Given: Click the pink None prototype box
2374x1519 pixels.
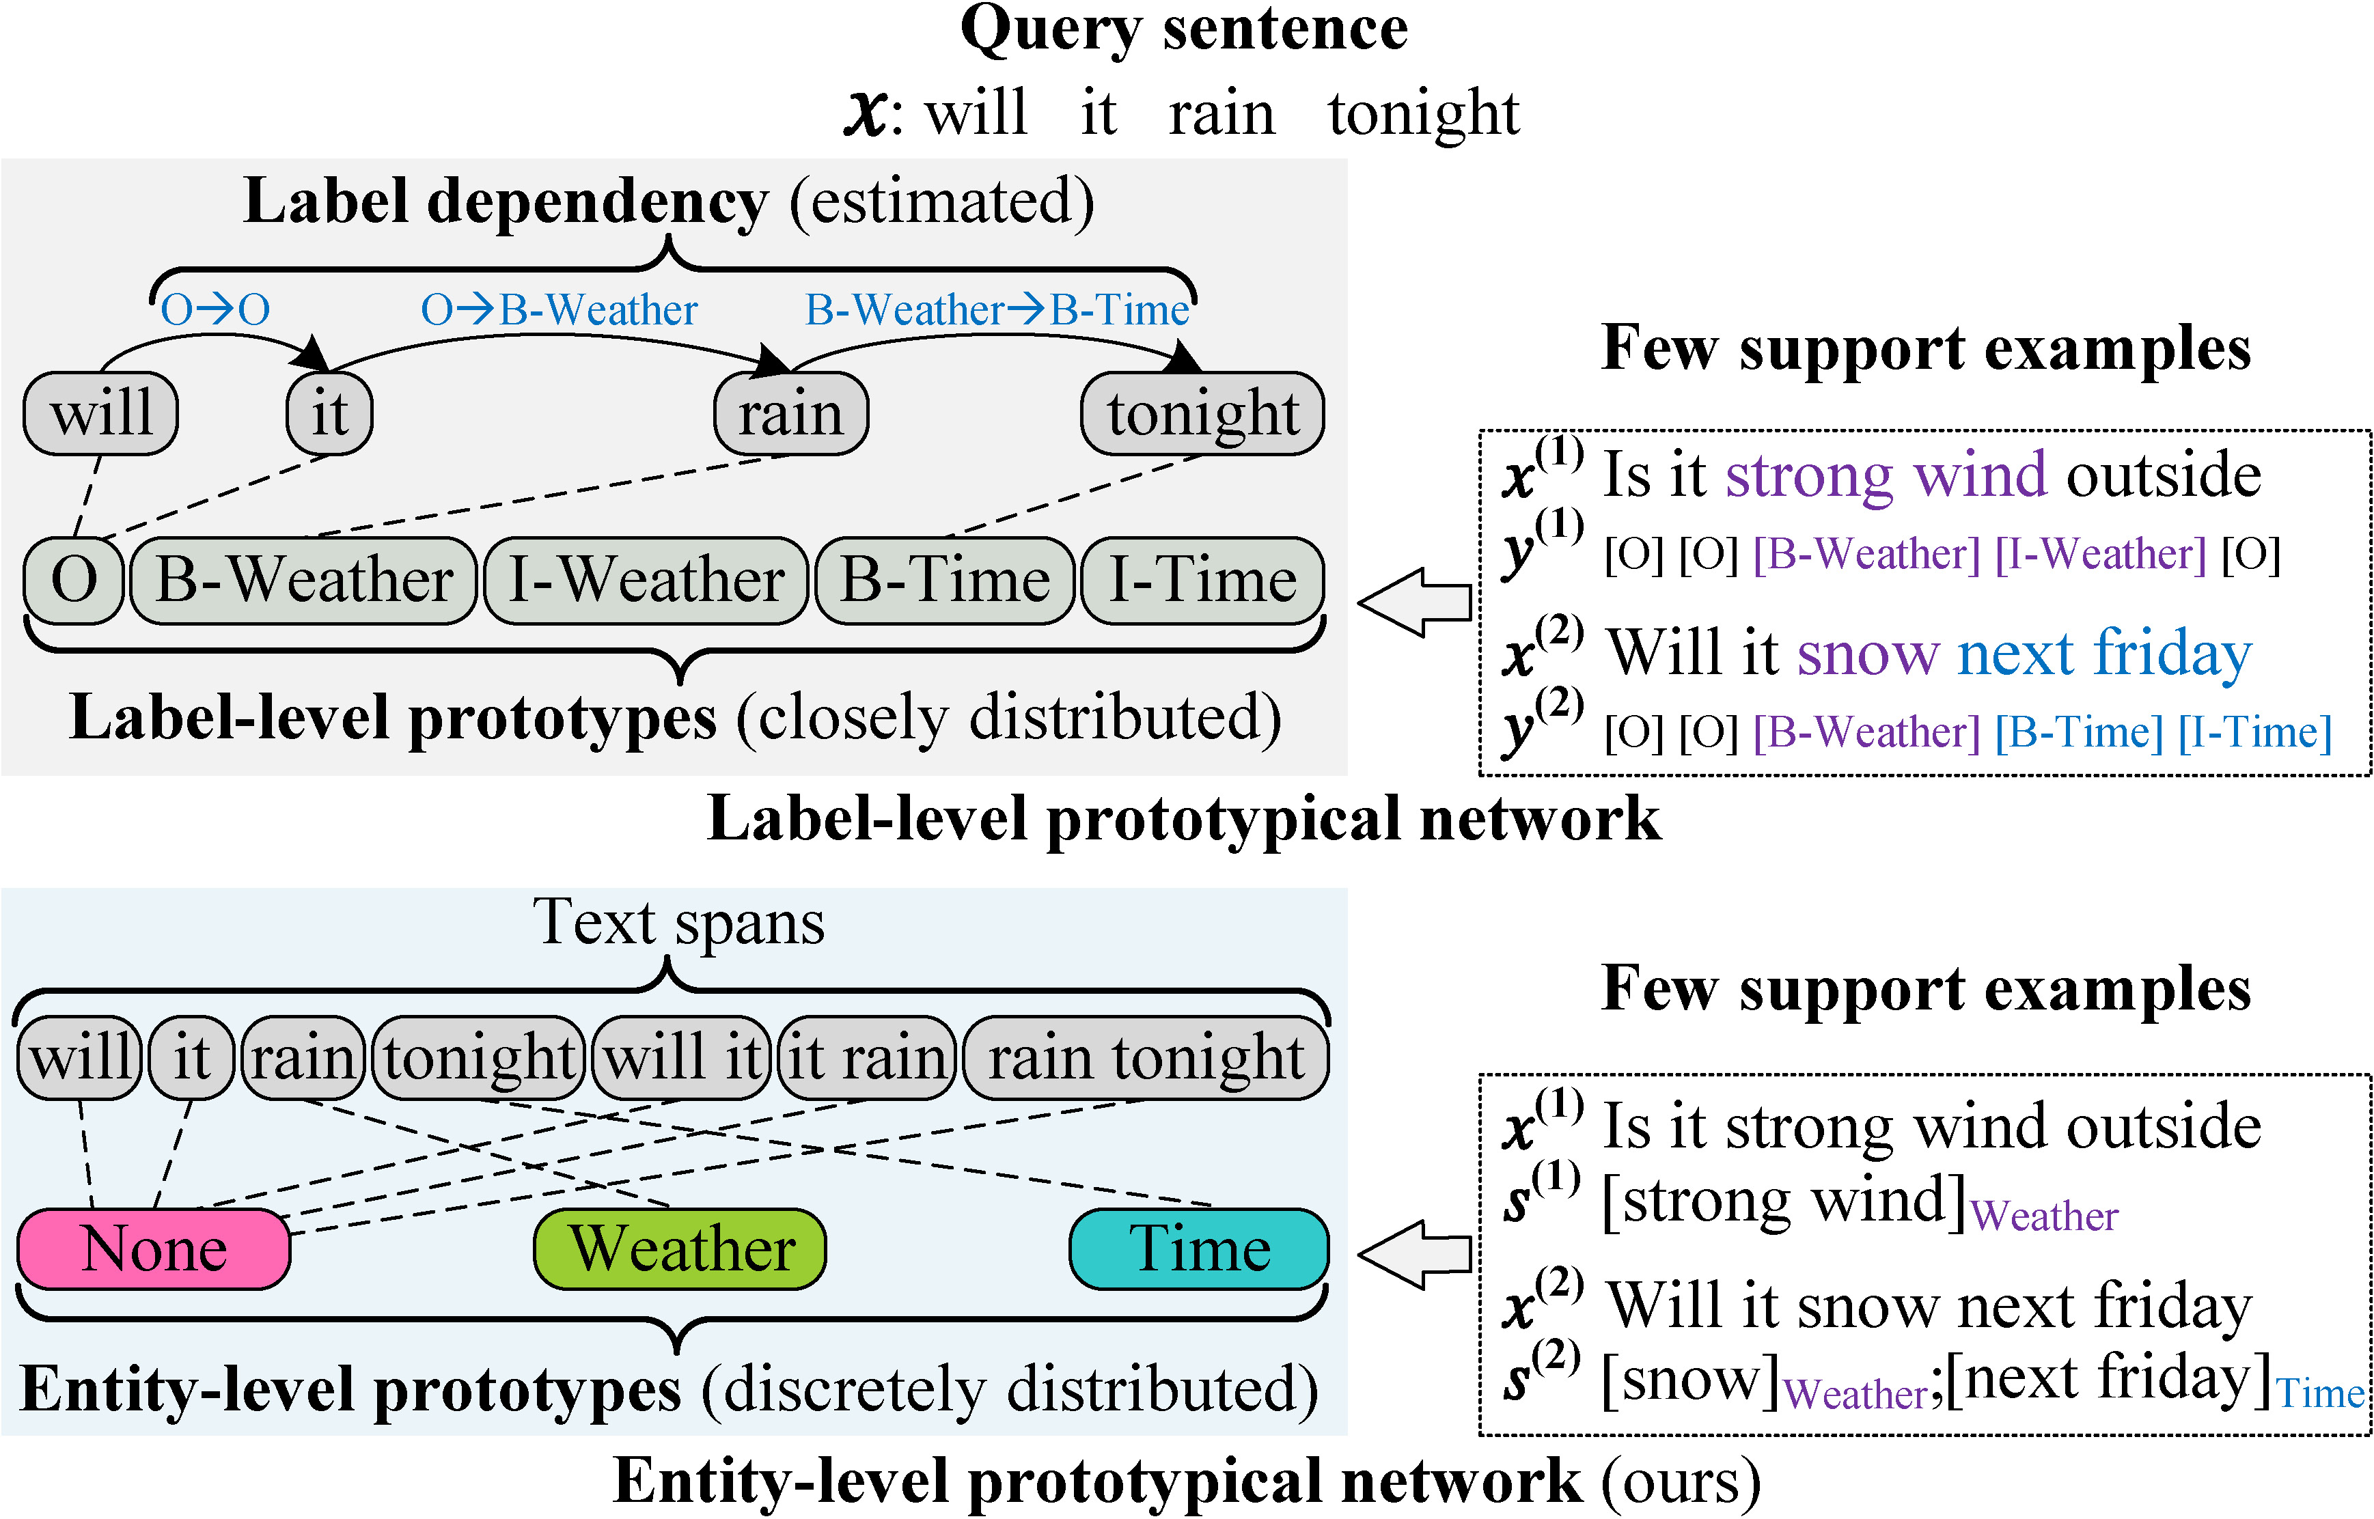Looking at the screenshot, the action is pos(154,1249).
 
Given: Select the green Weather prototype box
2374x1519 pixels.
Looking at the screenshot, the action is pos(680,1249).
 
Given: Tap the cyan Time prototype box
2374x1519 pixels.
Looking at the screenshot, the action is pos(1200,1249).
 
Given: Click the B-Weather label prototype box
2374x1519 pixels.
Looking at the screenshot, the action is pos(304,580).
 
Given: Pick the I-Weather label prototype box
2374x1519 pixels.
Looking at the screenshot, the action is pos(647,580).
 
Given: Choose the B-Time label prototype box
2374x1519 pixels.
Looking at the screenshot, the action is pos(945,580).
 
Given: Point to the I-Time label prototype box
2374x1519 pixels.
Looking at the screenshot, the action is pos(1203,580).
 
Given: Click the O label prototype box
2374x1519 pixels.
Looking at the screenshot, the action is pos(74,580).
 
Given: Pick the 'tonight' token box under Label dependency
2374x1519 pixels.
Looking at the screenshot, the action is pos(1202,413).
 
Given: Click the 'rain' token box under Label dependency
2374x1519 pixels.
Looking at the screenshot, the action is pos(791,413).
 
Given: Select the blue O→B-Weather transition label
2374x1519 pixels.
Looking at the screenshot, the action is pos(560,309).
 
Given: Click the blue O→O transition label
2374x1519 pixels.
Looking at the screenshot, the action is pos(215,309).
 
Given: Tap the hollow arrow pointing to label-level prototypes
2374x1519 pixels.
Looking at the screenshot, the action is pos(1416,602).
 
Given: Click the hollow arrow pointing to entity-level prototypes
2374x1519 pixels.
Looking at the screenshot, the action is pos(1416,1254).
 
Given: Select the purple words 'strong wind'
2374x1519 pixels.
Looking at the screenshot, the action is pos(1886,475).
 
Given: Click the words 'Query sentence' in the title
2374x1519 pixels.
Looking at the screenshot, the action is pos(1183,29).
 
